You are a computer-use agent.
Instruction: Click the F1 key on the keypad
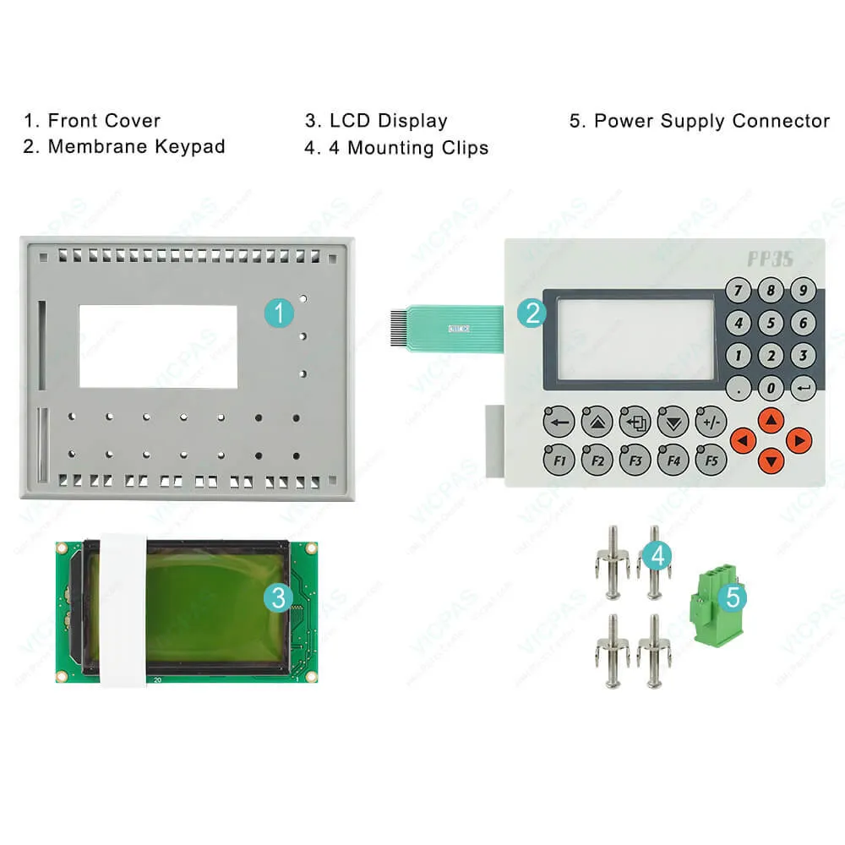coord(559,461)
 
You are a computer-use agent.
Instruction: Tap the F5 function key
coord(711,461)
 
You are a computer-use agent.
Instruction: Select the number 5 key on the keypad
coord(770,323)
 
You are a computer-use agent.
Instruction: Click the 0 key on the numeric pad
coord(770,388)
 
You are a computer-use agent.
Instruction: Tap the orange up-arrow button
coord(770,419)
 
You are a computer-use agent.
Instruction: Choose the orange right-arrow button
coord(799,439)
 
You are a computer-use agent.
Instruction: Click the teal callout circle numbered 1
coord(279,313)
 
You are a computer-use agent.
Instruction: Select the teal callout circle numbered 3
coord(279,598)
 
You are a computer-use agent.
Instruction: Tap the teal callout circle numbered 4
coord(657,555)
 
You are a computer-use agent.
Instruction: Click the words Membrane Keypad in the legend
coord(136,147)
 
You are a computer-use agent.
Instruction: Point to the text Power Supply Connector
coord(711,121)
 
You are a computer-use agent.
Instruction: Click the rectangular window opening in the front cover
coord(158,346)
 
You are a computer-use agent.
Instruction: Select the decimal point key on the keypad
coord(739,388)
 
